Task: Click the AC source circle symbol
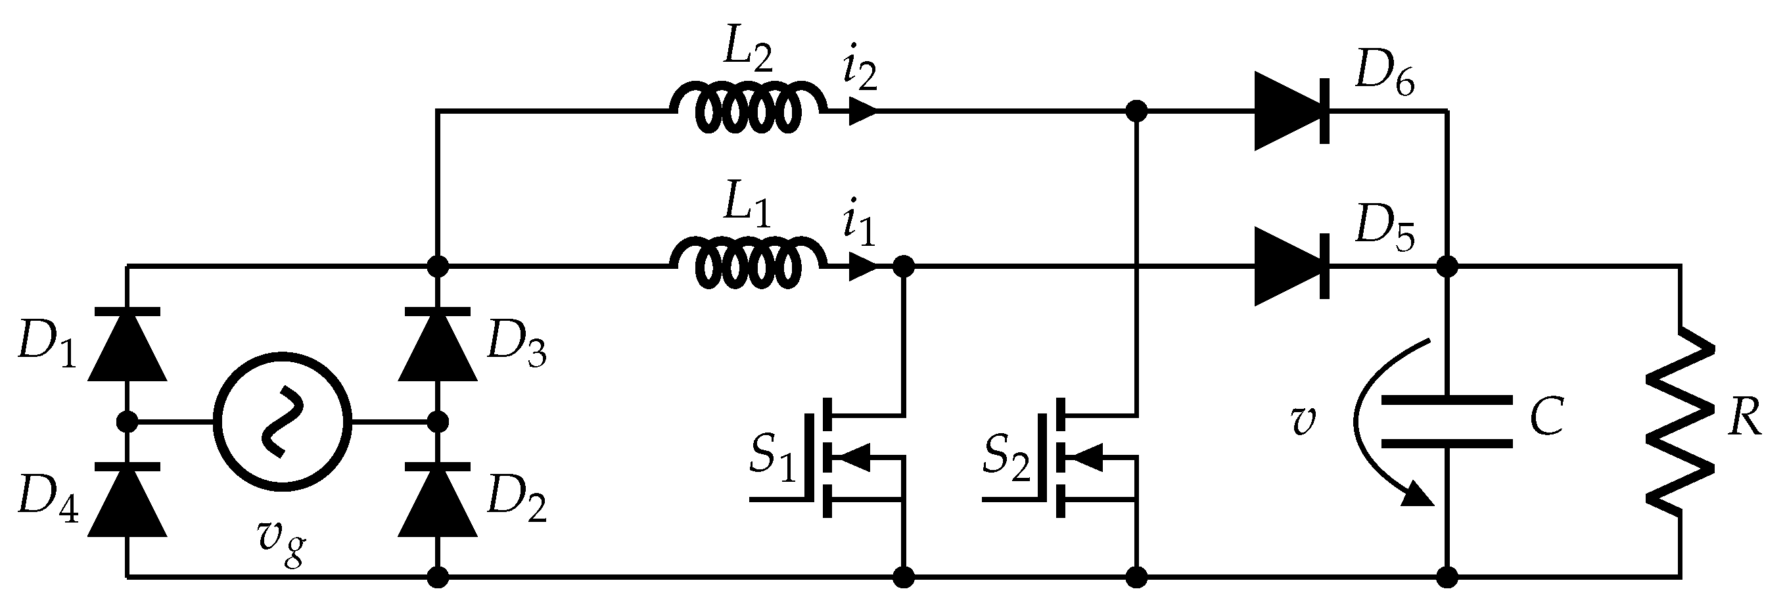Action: pyautogui.click(x=282, y=421)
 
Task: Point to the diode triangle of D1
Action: pyautogui.click(x=127, y=346)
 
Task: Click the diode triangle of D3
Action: pyautogui.click(x=437, y=346)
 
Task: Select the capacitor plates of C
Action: pyautogui.click(x=1447, y=421)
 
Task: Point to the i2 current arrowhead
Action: pyautogui.click(x=863, y=111)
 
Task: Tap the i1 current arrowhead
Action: pyautogui.click(x=863, y=266)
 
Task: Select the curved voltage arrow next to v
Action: pyautogui.click(x=1379, y=423)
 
